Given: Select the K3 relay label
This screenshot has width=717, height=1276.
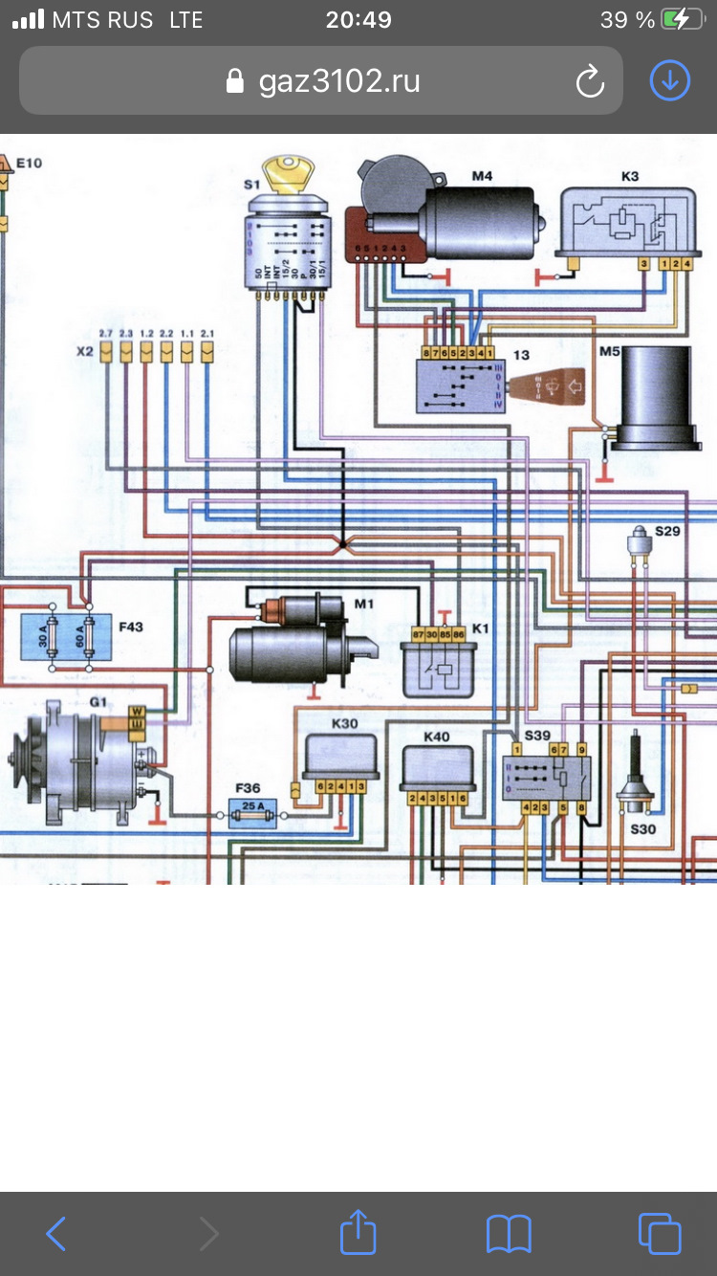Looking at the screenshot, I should [x=630, y=176].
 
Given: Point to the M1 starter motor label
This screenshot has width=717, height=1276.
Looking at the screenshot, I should [x=363, y=604].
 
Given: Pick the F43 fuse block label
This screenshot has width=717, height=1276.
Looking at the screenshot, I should [x=130, y=627].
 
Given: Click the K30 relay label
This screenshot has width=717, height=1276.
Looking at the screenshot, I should [x=344, y=724].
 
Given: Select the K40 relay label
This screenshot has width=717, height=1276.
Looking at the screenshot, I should [x=438, y=737].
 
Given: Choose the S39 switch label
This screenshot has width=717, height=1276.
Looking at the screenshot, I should [x=536, y=735].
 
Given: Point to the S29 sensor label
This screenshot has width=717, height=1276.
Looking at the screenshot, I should [x=667, y=530].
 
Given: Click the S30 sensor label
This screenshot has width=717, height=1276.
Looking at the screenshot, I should [x=642, y=829].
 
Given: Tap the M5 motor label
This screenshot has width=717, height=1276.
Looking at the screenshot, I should [x=610, y=350].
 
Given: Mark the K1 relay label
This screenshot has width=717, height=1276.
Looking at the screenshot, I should [x=480, y=628].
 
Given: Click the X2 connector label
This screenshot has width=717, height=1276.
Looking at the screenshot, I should [x=84, y=351].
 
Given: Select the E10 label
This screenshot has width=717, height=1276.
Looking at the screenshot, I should [x=29, y=164].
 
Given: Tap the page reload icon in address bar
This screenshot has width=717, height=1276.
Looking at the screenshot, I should [x=590, y=81].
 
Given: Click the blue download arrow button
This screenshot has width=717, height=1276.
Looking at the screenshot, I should [x=669, y=81].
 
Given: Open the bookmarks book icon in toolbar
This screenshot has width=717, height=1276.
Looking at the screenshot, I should [x=509, y=1233].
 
